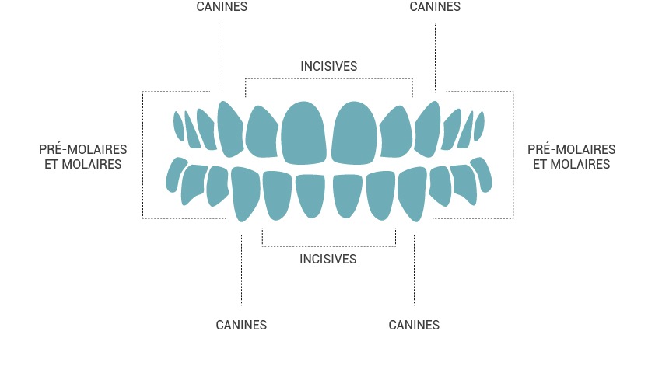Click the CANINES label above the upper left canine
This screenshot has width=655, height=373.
tap(222, 7)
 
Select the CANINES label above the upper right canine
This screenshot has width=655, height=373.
tap(435, 7)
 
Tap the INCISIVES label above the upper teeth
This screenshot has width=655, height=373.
tap(329, 66)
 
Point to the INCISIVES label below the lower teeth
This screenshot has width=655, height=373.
tap(328, 259)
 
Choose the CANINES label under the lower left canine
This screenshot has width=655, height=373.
tap(241, 325)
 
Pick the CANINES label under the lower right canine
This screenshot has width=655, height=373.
tap(414, 325)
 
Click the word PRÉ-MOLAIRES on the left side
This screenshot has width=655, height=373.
tap(83, 149)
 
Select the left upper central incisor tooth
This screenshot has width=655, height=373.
tap(303, 133)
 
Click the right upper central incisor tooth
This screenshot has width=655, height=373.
tap(354, 133)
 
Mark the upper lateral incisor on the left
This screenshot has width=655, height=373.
tap(262, 132)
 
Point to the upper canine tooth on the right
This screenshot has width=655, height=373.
tap(427, 129)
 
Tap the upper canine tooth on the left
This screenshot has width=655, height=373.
tap(230, 129)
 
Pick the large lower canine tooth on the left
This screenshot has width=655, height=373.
tap(246, 193)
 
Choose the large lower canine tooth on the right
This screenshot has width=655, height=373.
tap(413, 193)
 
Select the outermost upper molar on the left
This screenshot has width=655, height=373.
tap(179, 126)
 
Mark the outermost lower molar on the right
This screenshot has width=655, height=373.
tap(482, 174)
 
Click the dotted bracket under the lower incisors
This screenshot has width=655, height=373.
tap(329, 246)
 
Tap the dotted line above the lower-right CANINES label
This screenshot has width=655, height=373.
tap(414, 270)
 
